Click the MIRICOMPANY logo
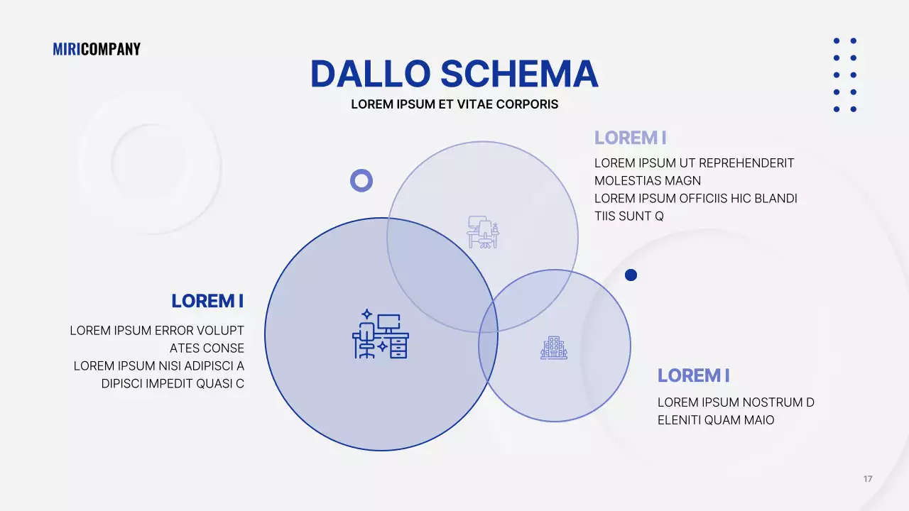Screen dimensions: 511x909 pyautogui.click(x=97, y=49)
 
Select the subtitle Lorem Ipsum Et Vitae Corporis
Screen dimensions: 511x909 pyautogui.click(x=454, y=104)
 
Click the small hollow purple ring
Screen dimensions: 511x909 pyautogui.click(x=361, y=180)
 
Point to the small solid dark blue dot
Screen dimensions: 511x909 pyautogui.click(x=631, y=275)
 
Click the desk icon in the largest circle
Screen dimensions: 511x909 pyautogui.click(x=381, y=334)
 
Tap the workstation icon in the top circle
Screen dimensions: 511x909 pyautogui.click(x=483, y=232)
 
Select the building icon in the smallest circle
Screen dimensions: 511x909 pyautogui.click(x=554, y=348)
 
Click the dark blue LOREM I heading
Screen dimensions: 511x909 pyautogui.click(x=207, y=301)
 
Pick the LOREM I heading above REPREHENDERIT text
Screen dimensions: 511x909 pyautogui.click(x=630, y=138)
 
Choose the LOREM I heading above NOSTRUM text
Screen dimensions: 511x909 pyautogui.click(x=693, y=375)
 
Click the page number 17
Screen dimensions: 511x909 pyautogui.click(x=868, y=479)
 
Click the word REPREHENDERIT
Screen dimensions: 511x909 pyautogui.click(x=746, y=163)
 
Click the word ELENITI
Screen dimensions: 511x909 pyautogui.click(x=679, y=420)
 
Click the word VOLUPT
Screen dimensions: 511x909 pyautogui.click(x=220, y=331)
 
